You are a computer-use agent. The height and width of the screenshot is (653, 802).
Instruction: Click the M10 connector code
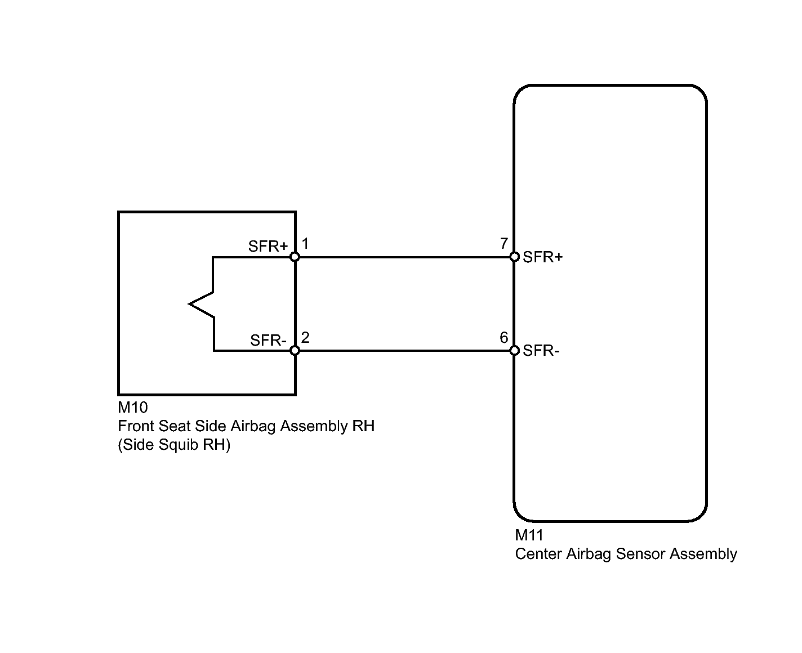pos(133,407)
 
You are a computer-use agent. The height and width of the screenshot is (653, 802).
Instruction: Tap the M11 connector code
pos(529,535)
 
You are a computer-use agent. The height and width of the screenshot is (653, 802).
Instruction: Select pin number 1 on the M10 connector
pos(305,244)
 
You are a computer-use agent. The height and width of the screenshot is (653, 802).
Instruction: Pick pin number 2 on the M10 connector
pos(305,338)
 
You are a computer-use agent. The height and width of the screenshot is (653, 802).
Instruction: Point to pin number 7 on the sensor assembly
pos(504,244)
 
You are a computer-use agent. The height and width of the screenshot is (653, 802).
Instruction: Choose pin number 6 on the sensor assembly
pos(504,338)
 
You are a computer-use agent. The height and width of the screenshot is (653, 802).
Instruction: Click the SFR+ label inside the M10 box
pos(268,247)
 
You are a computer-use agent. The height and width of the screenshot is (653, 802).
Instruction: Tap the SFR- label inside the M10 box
pos(269,341)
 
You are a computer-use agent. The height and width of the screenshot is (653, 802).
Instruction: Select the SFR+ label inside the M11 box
pos(542,257)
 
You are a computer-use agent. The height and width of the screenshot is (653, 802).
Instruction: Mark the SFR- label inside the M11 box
pos(541,351)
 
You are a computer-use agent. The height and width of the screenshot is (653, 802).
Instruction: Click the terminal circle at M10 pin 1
pos(295,257)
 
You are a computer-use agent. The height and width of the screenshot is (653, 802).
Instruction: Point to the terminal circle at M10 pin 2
pos(295,351)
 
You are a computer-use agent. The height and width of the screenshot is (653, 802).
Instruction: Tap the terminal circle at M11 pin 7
pos(514,257)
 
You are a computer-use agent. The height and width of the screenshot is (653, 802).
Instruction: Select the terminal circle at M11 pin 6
pos(514,351)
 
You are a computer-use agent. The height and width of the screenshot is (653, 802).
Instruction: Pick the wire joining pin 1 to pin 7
pos(404,257)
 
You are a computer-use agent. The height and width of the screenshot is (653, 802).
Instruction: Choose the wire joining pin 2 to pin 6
pos(404,351)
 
